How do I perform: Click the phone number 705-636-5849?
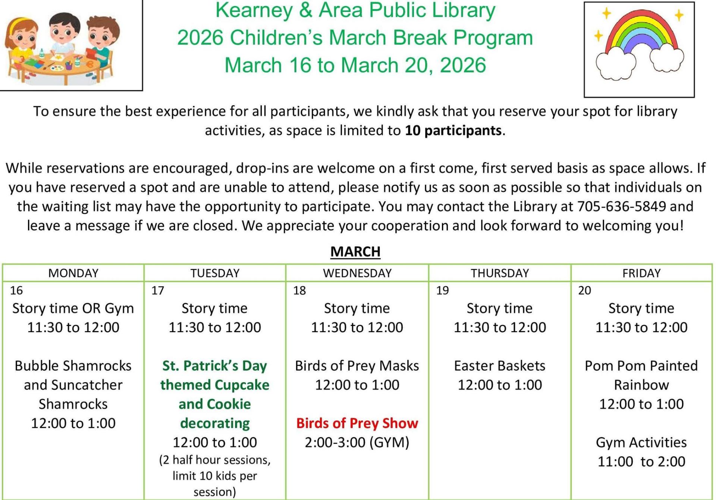pos(622,207)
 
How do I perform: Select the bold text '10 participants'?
pos(453,130)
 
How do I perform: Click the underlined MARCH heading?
pos(355,252)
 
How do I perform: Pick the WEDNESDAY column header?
pos(357,273)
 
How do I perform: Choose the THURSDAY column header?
pos(500,273)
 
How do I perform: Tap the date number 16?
pos(16,290)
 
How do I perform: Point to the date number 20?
pos(585,290)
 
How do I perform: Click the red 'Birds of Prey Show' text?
pos(357,423)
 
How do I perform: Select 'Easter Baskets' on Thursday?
pos(500,366)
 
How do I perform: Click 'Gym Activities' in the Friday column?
pos(641,443)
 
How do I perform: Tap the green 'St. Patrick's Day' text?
pos(215,366)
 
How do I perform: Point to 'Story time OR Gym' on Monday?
pos(73,308)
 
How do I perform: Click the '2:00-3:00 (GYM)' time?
pos(357,443)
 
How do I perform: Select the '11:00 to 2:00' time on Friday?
pos(641,462)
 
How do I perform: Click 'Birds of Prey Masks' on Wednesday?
pos(357,366)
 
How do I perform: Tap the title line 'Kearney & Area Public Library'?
pos(355,10)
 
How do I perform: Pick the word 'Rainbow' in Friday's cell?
pos(641,385)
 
